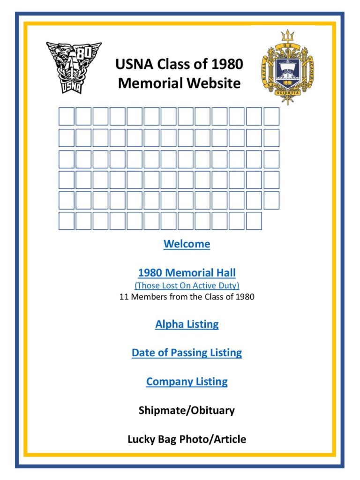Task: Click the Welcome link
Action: [187, 244]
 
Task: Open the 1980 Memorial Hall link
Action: [187, 273]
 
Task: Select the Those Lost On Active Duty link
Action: [187, 285]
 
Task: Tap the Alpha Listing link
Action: [187, 324]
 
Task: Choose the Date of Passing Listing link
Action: [187, 353]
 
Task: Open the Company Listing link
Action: [187, 382]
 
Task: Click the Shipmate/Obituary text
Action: [187, 411]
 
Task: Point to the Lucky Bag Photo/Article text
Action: [187, 440]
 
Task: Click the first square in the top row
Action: [67, 116]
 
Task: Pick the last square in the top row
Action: [271, 116]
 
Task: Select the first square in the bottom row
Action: [67, 221]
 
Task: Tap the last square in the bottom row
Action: [254, 221]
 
